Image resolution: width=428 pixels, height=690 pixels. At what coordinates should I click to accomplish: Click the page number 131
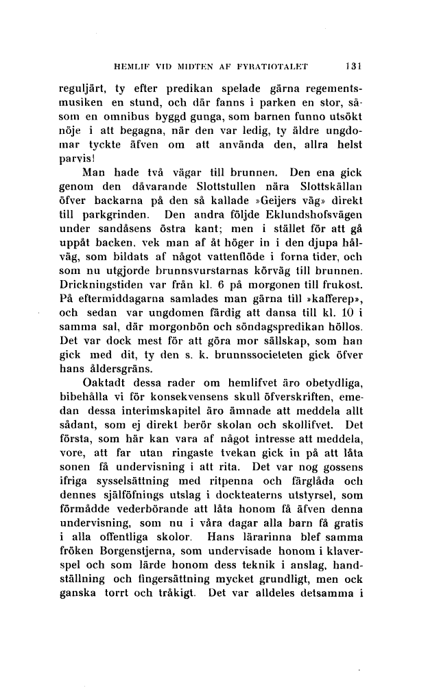click(x=353, y=67)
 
